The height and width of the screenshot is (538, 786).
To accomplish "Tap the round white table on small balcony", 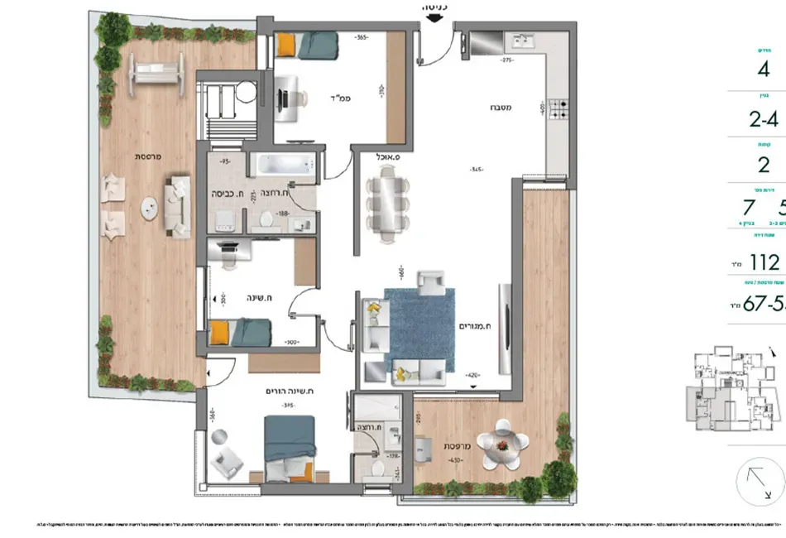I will pos(504,444).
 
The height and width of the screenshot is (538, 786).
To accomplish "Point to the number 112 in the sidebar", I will pos(763,262).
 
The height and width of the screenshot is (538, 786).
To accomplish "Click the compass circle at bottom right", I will pos(760,483).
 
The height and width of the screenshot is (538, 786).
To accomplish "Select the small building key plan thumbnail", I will pos(731,393).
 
